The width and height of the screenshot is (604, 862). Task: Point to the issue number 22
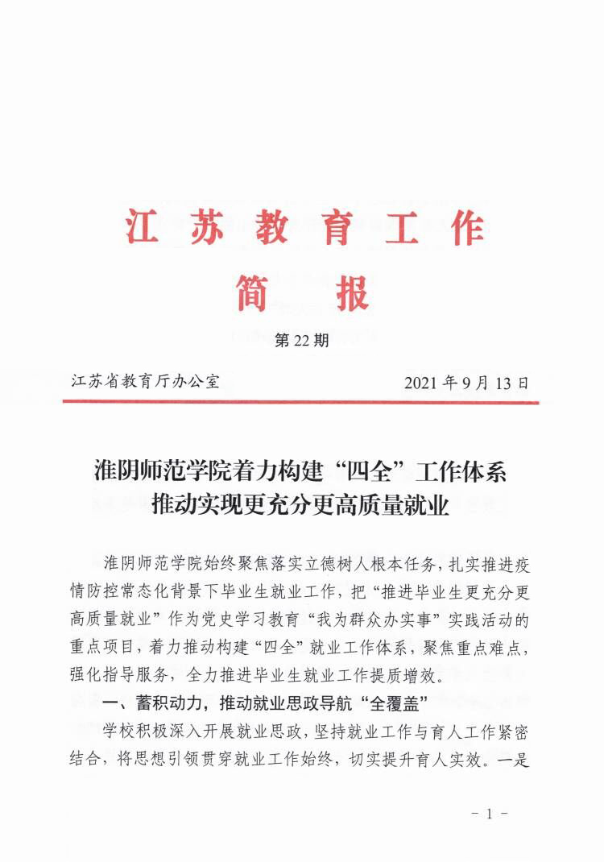pyautogui.click(x=302, y=341)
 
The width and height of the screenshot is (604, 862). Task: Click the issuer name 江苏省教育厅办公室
pyautogui.click(x=145, y=381)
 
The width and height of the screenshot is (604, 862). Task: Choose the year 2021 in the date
pyautogui.click(x=423, y=382)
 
